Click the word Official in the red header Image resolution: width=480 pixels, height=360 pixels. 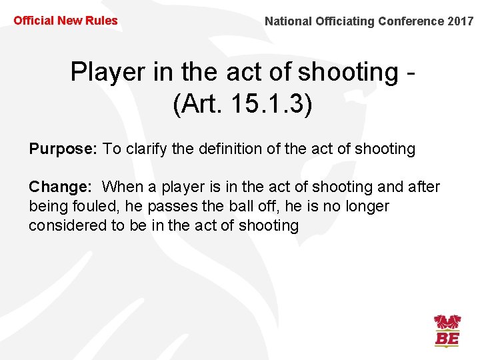coord(33,21)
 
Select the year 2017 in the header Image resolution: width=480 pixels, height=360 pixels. coord(461,21)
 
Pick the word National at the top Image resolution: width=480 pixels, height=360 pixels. coord(287,21)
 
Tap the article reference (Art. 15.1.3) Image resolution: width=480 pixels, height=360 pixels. coord(241,105)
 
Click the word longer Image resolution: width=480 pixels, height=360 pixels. coord(366,207)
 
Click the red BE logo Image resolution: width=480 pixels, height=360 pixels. coord(447,331)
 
